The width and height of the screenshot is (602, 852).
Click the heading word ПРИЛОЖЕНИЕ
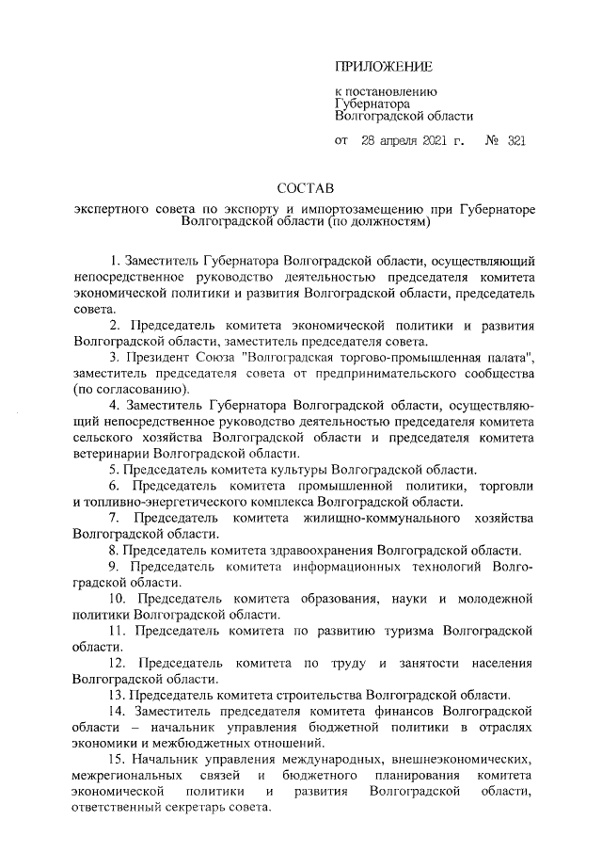tap(384, 66)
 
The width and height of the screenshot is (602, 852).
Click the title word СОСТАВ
tap(306, 189)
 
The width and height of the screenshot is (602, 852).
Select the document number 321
tap(515, 142)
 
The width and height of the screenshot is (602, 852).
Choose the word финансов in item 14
tap(407, 711)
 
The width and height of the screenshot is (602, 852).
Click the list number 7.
tap(115, 518)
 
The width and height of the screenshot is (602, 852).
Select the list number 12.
tap(119, 663)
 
